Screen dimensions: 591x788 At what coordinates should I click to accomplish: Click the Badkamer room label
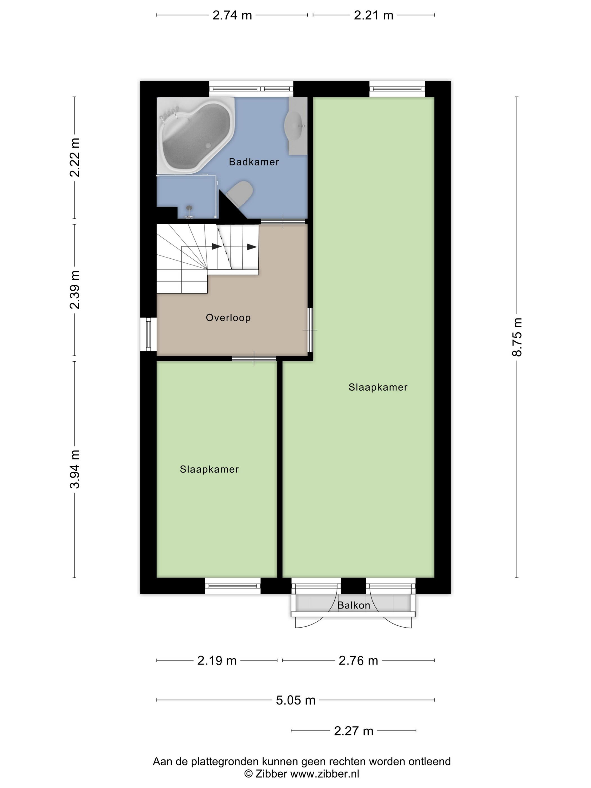tap(254, 162)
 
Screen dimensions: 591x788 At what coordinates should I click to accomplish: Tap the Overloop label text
tap(228, 317)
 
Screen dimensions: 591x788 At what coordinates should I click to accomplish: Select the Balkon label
tap(353, 605)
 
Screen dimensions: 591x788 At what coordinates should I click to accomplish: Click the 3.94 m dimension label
tap(75, 469)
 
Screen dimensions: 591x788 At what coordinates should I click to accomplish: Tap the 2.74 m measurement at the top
tap(232, 15)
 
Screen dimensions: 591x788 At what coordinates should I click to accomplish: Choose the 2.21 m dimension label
tap(373, 15)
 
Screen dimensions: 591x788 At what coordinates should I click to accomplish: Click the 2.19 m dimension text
tap(217, 661)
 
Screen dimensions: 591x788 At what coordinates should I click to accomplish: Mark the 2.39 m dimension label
tap(75, 290)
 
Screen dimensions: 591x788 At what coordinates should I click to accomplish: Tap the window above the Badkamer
tap(251, 89)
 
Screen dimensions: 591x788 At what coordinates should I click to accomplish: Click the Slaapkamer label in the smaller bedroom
tap(209, 469)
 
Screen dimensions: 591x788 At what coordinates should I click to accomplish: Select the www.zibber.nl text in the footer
tap(324, 774)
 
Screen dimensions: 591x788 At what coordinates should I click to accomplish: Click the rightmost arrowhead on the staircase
tap(252, 247)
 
